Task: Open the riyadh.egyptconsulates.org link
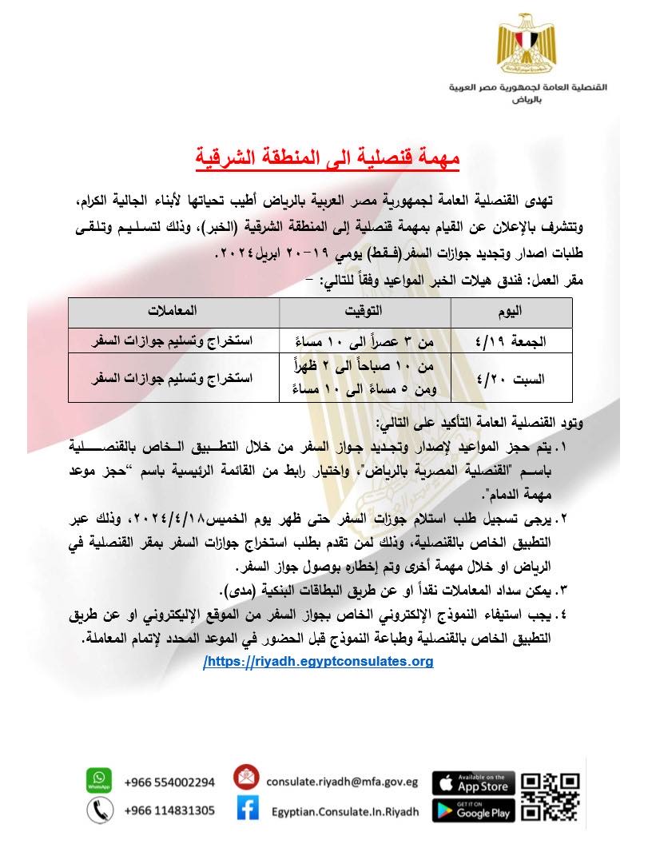[x=319, y=662]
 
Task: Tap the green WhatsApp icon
[x=98, y=781]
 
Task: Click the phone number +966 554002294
[x=169, y=782]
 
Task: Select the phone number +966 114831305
[x=169, y=810]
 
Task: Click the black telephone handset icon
[x=98, y=810]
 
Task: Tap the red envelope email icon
[x=248, y=779]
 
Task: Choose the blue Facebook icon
[x=248, y=810]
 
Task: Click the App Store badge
[x=474, y=782]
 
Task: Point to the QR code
[x=550, y=796]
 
